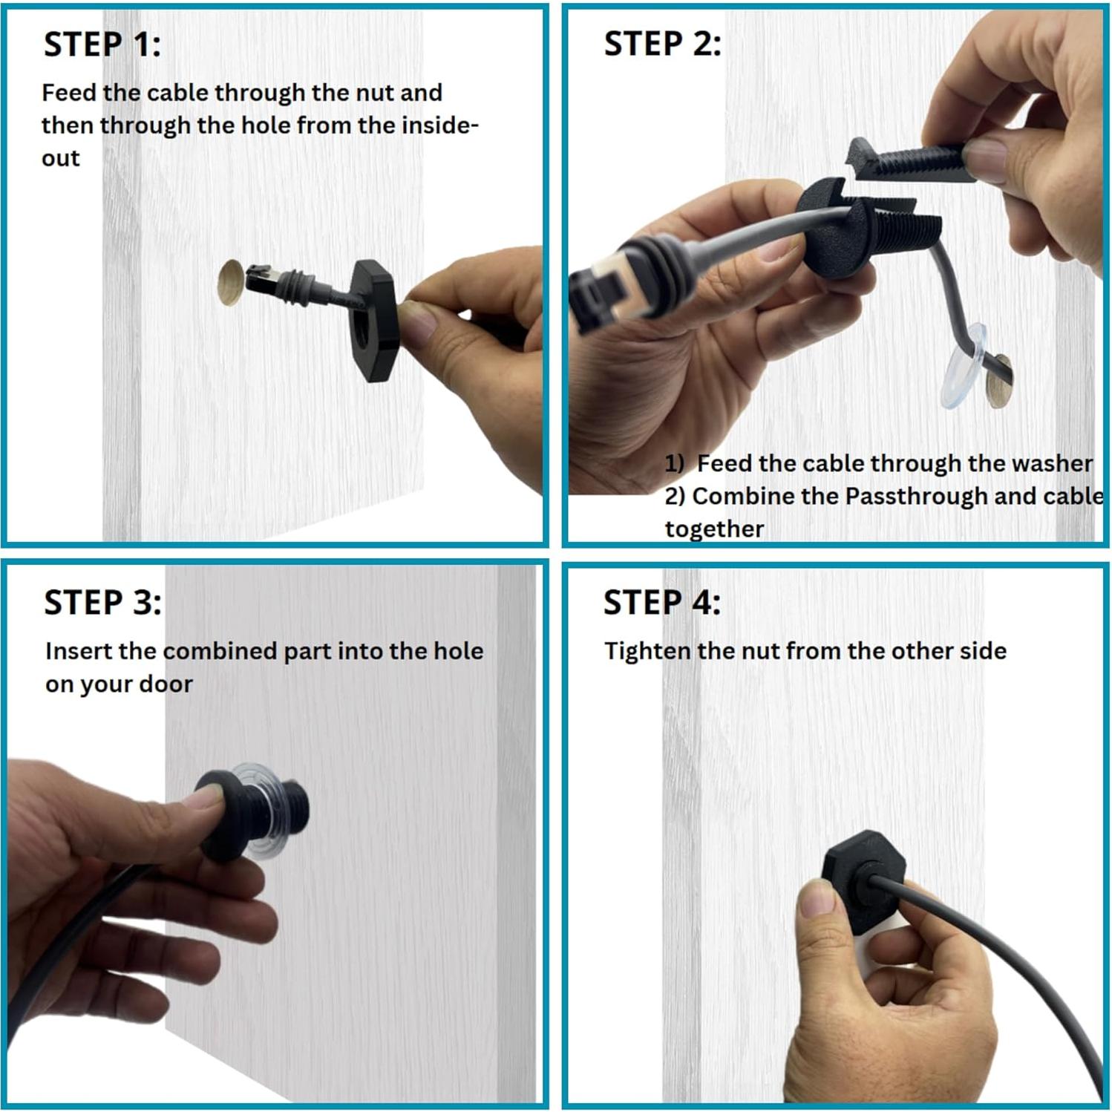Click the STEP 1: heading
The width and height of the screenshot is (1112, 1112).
102,45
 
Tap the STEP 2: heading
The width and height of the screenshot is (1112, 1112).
662,44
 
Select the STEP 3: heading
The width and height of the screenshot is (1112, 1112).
102,602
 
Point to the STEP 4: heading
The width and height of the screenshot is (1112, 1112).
661,602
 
